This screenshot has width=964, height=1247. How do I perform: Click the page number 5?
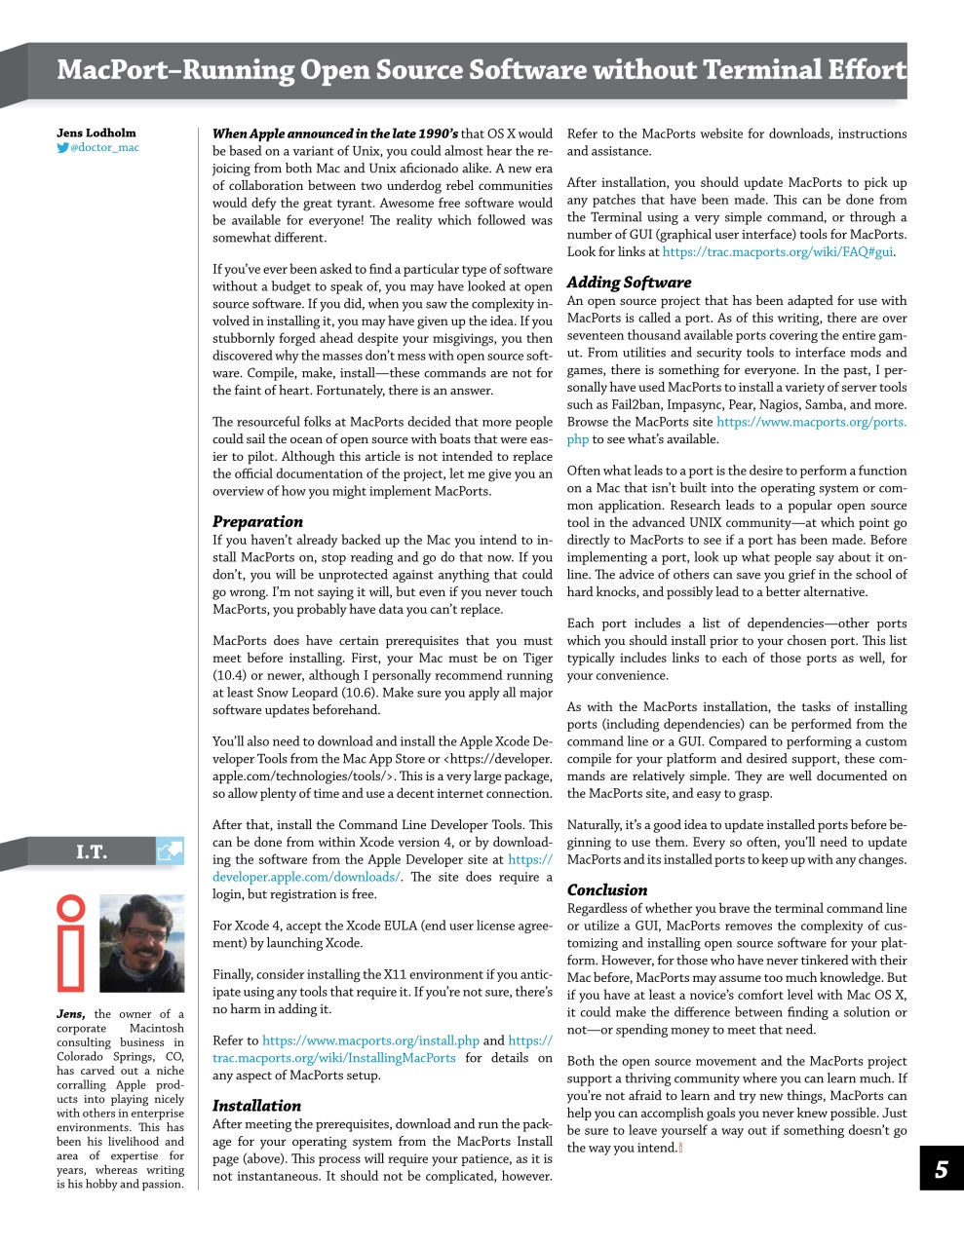[941, 1169]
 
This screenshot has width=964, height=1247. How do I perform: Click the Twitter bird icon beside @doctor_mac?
[62, 148]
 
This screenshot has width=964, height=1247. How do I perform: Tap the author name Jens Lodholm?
[96, 132]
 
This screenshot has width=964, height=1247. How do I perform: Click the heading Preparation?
[257, 521]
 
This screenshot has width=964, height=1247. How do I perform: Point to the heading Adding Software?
[629, 283]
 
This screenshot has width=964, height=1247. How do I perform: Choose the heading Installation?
[256, 1106]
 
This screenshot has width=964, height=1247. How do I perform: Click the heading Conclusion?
[606, 889]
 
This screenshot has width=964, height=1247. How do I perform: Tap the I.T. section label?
[92, 851]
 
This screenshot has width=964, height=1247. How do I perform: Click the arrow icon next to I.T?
[170, 851]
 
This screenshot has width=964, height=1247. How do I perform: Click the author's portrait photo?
[142, 943]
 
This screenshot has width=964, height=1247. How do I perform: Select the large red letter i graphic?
[71, 942]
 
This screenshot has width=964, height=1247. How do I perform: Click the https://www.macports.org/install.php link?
[370, 1040]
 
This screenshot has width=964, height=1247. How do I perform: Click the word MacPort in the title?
[113, 70]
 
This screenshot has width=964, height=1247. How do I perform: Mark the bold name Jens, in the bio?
[70, 1013]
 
